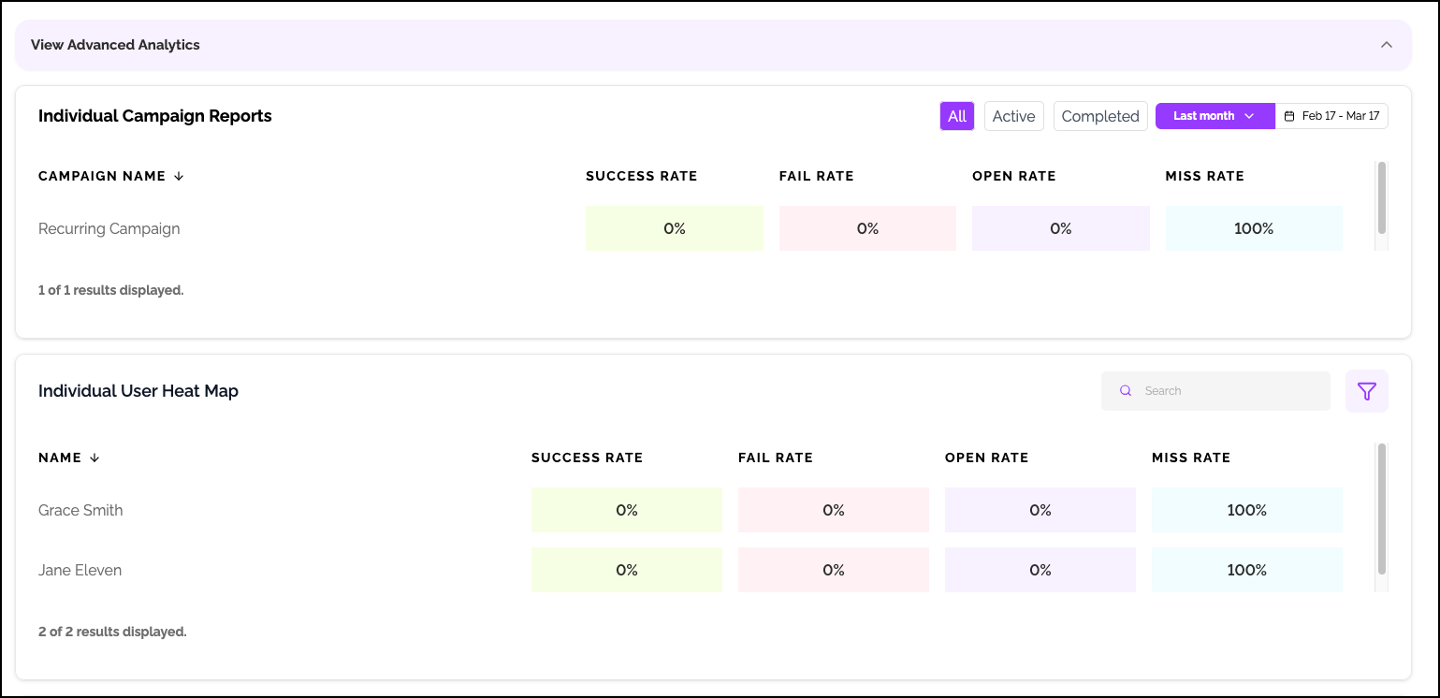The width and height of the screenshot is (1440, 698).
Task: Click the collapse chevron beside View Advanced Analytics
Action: pos(1387,45)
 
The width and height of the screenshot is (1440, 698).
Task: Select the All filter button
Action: pos(957,116)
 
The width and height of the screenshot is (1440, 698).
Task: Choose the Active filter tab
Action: pos(1013,116)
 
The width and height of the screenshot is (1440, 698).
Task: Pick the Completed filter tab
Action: pos(1100,116)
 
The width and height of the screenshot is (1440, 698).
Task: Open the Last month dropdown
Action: pos(1215,116)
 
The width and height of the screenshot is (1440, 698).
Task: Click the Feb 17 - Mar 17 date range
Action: pos(1332,116)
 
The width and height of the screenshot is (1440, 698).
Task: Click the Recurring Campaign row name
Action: pos(109,228)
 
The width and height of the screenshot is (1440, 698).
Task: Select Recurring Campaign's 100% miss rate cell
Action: pos(1254,228)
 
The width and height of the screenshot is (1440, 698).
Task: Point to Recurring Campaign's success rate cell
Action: pos(674,228)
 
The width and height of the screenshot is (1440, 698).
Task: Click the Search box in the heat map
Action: pos(1216,391)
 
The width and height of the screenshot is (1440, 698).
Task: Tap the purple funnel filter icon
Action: pos(1366,391)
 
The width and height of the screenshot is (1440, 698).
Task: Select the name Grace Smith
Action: pos(80,510)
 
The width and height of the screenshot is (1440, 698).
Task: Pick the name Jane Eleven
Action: pos(80,570)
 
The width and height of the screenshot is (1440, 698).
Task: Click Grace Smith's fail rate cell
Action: pos(833,510)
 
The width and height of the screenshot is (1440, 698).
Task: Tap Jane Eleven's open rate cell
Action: pos(1040,570)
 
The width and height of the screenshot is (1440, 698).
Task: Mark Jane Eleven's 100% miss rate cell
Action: pos(1246,570)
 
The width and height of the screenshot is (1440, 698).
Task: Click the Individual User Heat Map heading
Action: pos(138,391)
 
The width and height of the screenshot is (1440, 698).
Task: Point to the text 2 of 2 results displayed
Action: pos(112,632)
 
